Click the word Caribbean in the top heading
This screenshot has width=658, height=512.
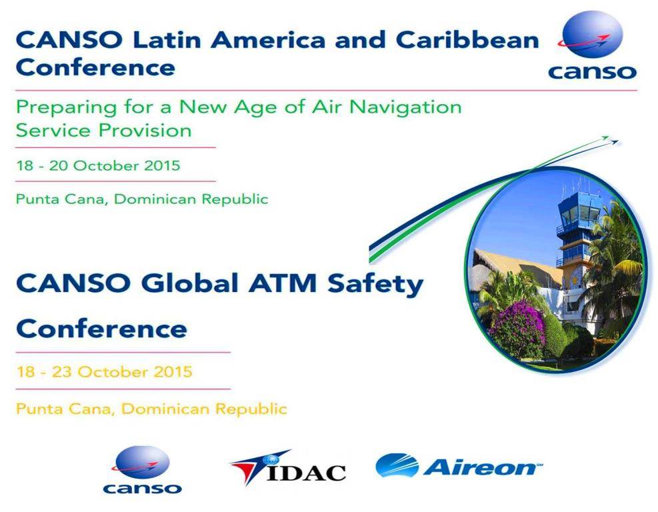tap(467, 40)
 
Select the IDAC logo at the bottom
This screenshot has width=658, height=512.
tap(288, 467)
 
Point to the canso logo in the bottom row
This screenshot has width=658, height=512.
tap(142, 469)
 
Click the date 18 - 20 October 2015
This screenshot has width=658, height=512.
tap(98, 165)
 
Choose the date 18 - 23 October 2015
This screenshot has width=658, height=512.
tap(104, 372)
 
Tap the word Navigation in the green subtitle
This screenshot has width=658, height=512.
tap(405, 107)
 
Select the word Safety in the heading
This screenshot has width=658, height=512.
tap(375, 285)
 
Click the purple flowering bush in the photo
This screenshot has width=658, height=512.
tap(517, 327)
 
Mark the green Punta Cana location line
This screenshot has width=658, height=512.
tap(142, 199)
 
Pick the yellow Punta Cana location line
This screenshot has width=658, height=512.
tap(151, 409)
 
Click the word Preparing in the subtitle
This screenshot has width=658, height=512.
tap(66, 108)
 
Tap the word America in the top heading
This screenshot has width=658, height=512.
tap(268, 40)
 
